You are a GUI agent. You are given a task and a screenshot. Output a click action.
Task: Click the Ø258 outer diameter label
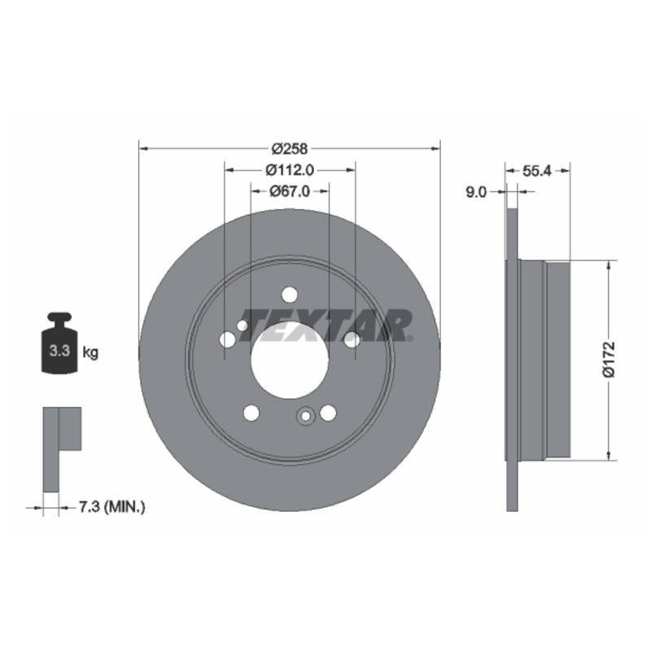coord(290,148)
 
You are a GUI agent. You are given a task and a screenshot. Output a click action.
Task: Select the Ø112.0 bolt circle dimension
coord(290,170)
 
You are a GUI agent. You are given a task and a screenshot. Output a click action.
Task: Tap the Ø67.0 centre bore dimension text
coord(290,191)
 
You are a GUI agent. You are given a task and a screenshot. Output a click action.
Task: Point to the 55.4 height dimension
coord(537,170)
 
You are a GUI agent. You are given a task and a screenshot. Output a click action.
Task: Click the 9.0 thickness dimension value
coord(476,192)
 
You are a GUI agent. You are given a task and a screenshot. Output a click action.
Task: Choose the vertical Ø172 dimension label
coord(609,360)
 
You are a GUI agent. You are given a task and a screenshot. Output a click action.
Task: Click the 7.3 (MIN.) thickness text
coord(112,507)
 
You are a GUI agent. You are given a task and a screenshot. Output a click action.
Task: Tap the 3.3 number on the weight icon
coord(59,351)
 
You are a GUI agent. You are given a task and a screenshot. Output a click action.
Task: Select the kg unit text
coord(90,352)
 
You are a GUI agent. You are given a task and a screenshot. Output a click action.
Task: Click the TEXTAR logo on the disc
coord(327,325)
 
